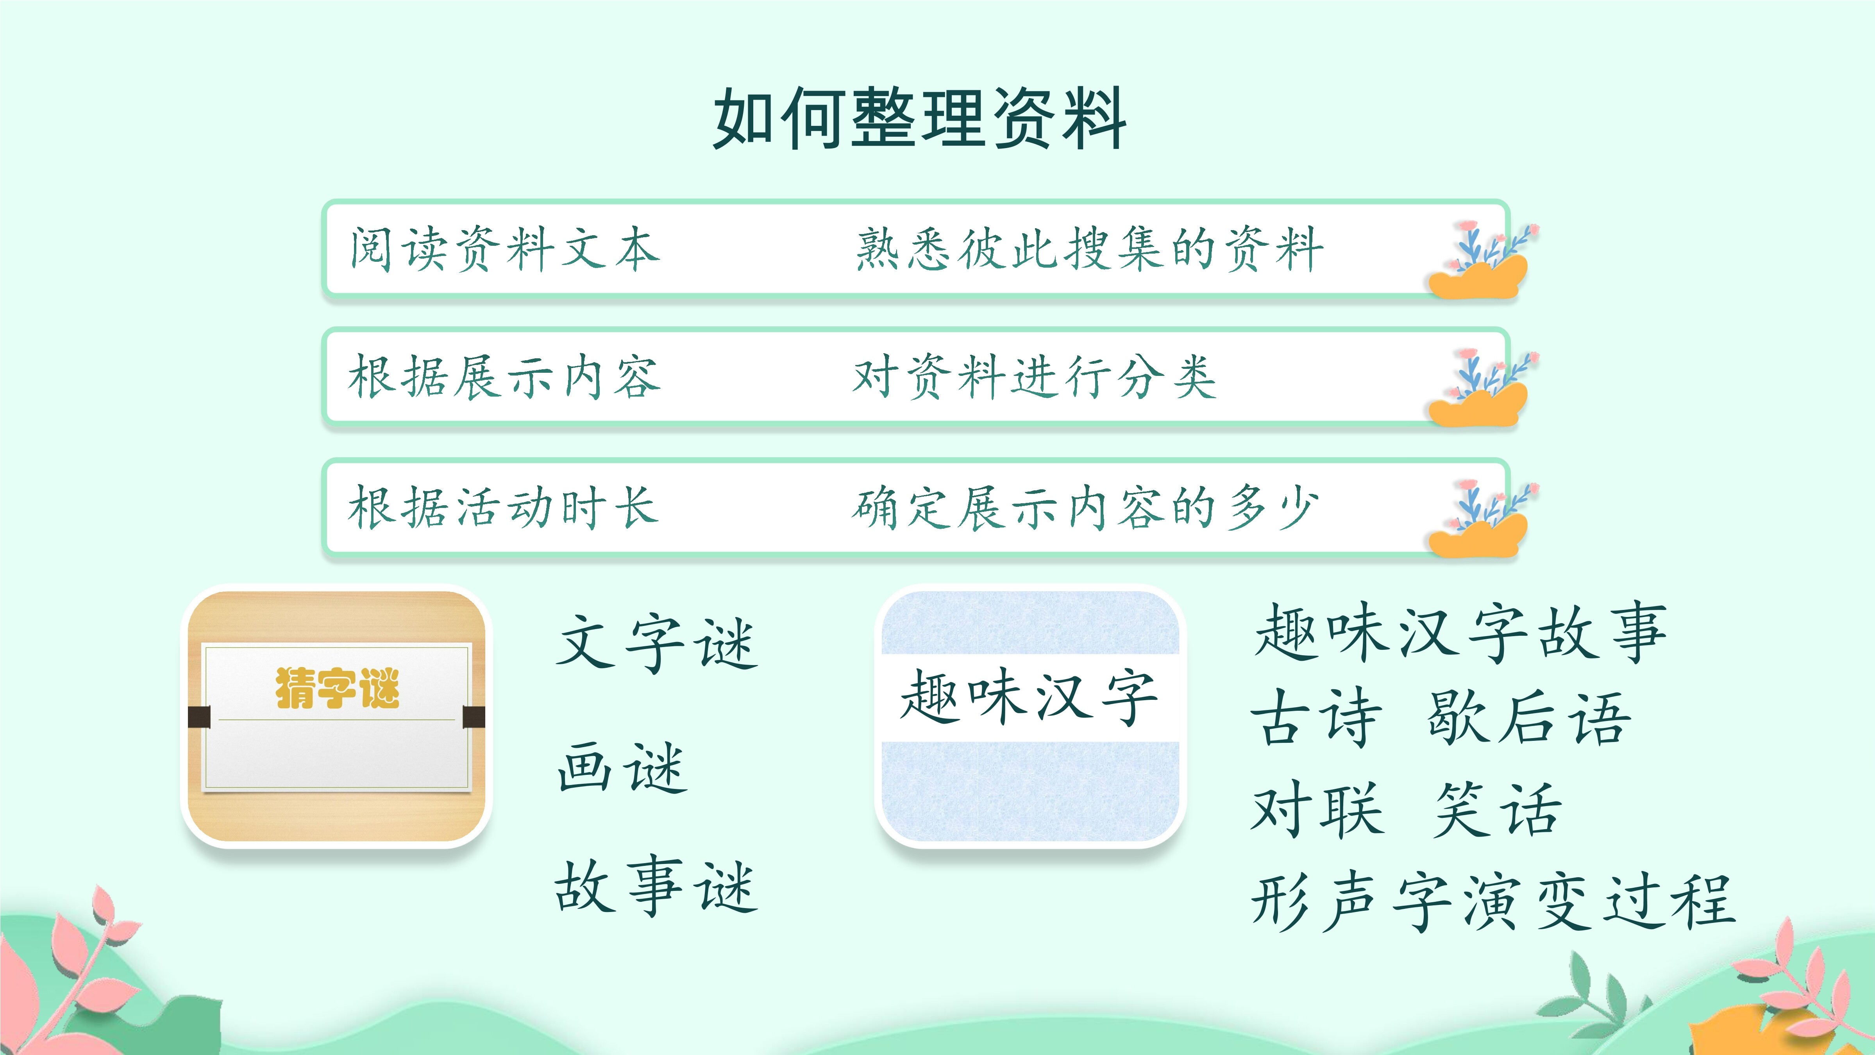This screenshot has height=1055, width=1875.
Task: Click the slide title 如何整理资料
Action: click(x=920, y=118)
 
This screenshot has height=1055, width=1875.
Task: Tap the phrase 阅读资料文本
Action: click(x=504, y=249)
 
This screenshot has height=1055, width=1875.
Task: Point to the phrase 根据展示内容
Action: click(x=504, y=377)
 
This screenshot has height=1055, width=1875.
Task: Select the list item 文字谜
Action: click(x=656, y=642)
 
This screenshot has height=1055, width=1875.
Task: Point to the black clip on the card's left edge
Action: click(x=199, y=717)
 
